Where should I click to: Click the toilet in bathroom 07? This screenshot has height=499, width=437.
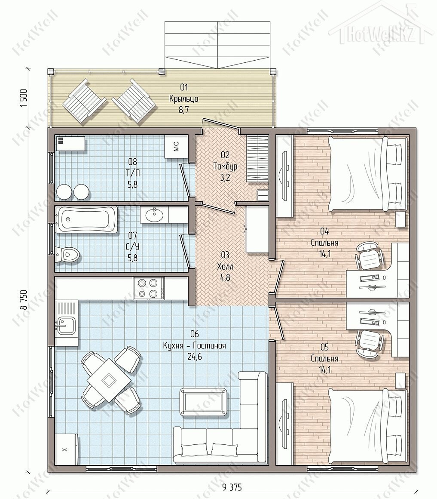click(67, 254)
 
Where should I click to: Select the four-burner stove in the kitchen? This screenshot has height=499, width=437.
click(149, 288)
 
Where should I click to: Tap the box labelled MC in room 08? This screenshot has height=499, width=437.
click(177, 146)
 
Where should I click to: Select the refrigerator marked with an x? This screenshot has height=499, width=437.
click(66, 449)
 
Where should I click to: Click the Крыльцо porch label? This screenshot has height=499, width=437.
click(184, 99)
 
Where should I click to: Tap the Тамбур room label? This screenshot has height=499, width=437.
click(225, 166)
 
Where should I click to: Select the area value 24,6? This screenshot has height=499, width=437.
click(194, 357)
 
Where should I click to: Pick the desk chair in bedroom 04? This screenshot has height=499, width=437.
click(369, 257)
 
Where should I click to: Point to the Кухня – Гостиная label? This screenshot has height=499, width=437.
click(194, 345)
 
